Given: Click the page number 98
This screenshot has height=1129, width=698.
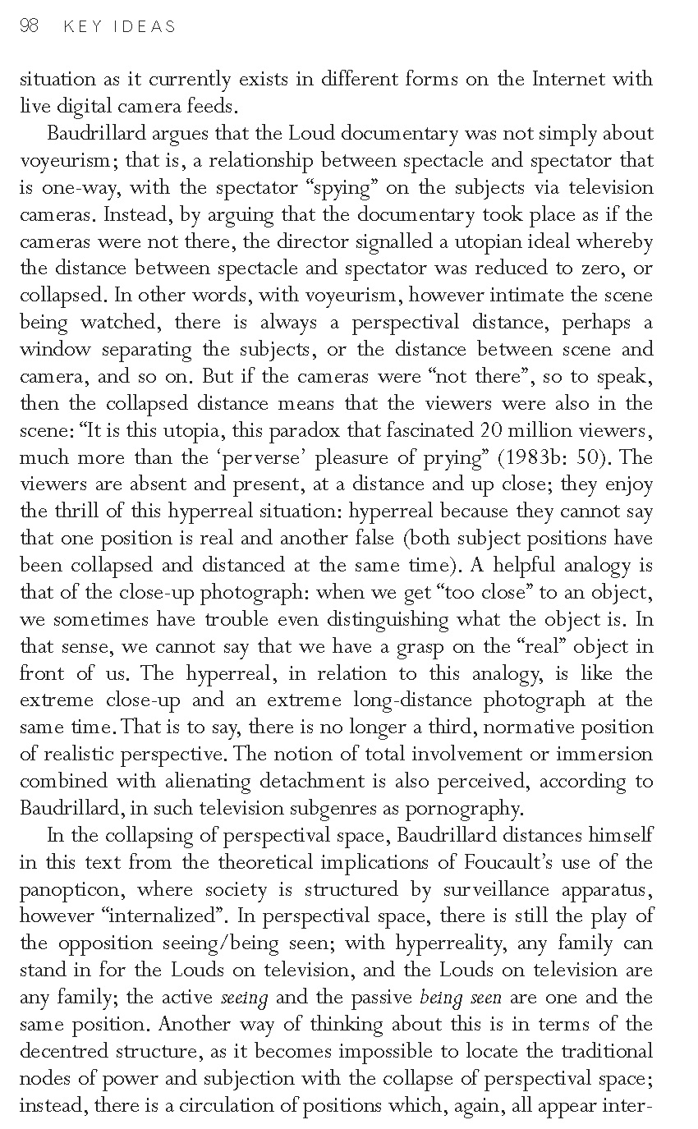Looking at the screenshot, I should pos(29,26).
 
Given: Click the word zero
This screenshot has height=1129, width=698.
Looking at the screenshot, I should pos(602,268).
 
